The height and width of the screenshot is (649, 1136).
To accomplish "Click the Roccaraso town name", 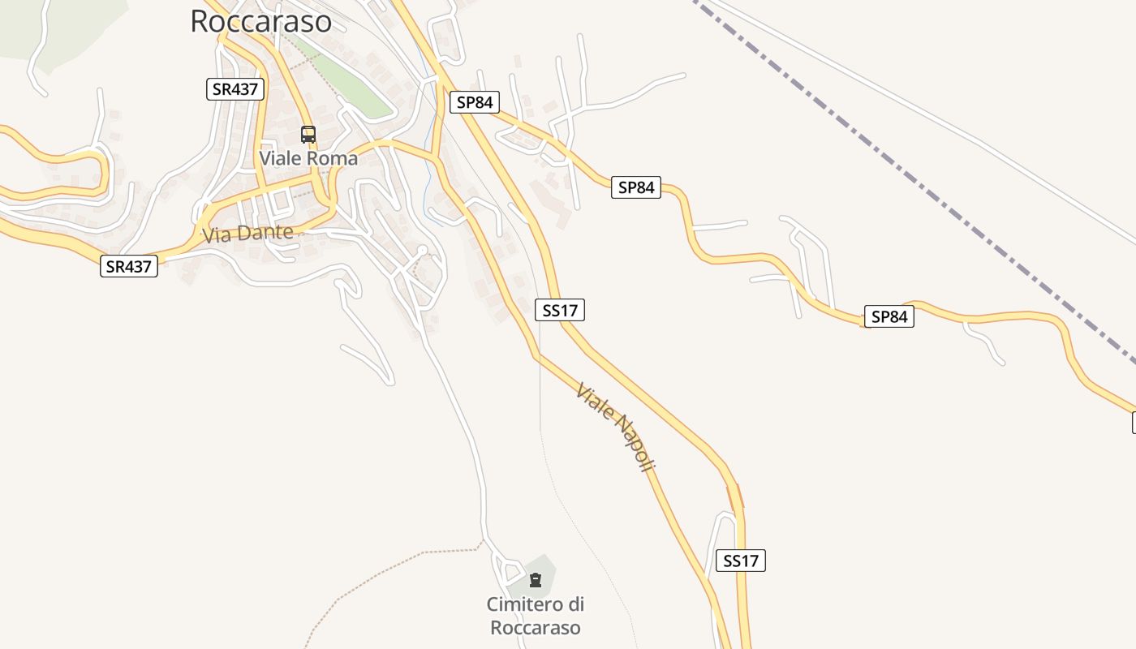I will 260,21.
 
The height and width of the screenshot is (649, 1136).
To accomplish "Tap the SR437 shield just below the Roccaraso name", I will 235,89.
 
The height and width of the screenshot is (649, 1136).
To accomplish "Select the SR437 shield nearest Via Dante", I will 129,265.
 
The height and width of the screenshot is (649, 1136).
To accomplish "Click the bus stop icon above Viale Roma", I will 308,135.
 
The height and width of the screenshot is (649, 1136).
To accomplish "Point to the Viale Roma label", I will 308,158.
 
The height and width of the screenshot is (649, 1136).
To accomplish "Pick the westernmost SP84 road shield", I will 474,102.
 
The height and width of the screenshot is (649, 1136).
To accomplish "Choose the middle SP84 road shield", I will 636,187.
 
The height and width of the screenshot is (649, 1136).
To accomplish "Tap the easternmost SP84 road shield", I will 889,316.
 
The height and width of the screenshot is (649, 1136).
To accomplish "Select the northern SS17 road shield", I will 560,309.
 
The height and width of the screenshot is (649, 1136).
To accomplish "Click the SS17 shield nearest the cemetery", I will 741,560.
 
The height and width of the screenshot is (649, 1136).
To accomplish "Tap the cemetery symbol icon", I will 536,580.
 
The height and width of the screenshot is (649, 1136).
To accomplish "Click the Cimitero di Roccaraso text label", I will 536,616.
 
